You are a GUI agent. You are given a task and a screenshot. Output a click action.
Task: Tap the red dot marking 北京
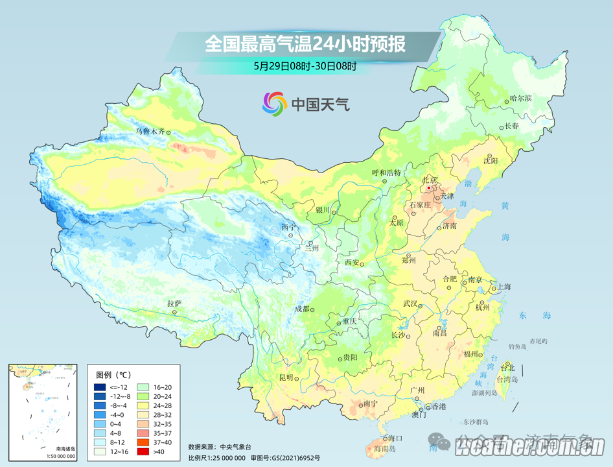(x=429, y=188)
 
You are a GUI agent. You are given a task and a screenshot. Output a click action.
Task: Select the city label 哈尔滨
(x=520, y=99)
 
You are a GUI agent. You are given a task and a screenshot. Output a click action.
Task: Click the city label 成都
(x=302, y=309)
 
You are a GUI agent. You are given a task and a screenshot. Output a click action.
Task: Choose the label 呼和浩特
(x=386, y=173)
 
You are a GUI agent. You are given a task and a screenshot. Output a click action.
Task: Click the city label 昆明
(x=286, y=377)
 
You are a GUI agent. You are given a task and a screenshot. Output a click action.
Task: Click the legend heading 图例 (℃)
(x=114, y=375)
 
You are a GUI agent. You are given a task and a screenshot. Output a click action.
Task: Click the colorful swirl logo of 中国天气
(x=274, y=104)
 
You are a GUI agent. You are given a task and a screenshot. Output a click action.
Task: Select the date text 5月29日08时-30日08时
(x=305, y=66)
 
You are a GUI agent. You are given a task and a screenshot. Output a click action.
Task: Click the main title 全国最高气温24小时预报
(x=305, y=44)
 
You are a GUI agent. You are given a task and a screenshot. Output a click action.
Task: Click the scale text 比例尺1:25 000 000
(x=216, y=457)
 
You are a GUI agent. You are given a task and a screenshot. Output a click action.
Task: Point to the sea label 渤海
(x=468, y=193)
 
